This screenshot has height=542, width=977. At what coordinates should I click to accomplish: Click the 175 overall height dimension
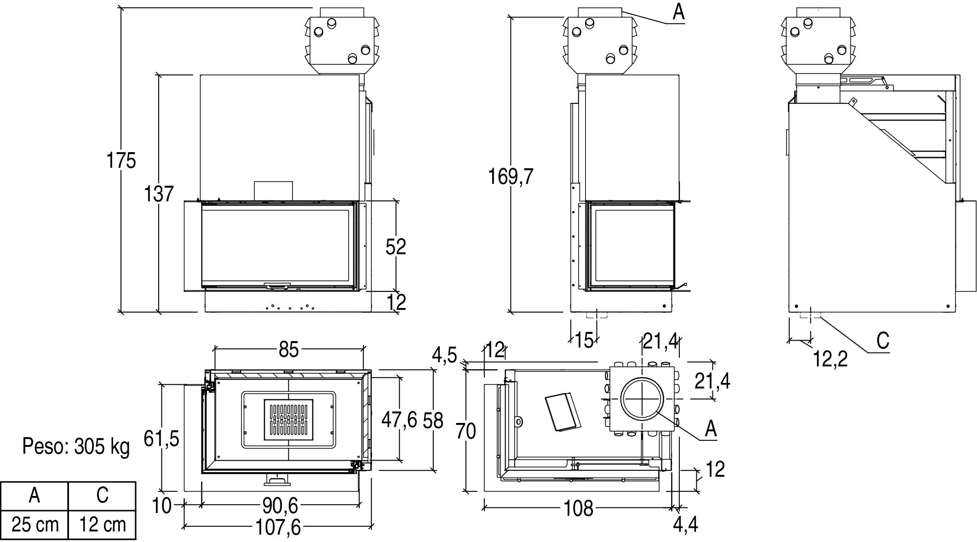point(121,161)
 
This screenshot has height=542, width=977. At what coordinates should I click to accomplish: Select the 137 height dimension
point(159,194)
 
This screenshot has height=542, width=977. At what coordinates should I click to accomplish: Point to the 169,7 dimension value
point(511,177)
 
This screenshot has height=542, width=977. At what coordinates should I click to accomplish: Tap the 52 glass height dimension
point(396,247)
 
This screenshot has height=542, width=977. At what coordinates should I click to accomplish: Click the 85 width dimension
point(289,350)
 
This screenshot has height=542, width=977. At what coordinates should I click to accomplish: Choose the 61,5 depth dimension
point(161,439)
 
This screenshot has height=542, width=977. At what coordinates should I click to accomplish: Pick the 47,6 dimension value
point(399,420)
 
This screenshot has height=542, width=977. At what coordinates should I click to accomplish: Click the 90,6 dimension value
point(281,506)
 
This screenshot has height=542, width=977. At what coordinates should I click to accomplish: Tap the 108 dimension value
point(579,509)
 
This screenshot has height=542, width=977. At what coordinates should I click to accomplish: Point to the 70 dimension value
point(466,432)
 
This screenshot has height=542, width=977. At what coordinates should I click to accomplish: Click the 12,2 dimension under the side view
point(830,359)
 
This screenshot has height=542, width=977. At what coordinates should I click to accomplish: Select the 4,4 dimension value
point(685,525)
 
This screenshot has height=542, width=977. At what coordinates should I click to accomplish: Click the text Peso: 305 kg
point(76,446)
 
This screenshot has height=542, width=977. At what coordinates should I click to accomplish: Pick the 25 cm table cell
point(35,525)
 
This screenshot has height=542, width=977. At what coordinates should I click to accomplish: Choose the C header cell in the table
point(102,496)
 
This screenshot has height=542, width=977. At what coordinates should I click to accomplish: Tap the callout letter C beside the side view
point(883,341)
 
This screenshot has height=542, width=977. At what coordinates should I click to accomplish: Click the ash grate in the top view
point(288,419)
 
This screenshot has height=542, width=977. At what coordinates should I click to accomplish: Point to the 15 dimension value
point(584,341)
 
